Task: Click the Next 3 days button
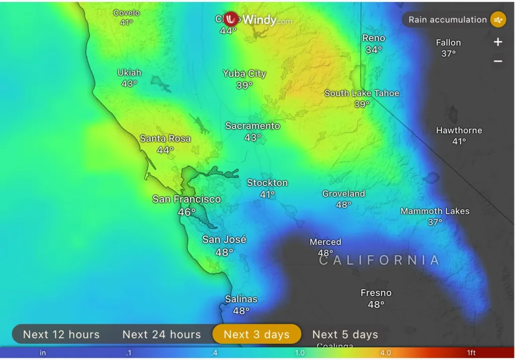coord(256,334)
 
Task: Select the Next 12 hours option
coord(61,334)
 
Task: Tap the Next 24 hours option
coord(161,334)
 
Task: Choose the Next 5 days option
coord(345,334)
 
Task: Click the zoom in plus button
coord(498,42)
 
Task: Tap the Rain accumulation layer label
coord(447,20)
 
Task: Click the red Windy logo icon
coord(231,19)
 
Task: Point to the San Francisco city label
coord(187,199)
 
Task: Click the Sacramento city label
coord(252,126)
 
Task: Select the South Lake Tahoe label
coord(362,93)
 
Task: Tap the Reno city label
coord(374,38)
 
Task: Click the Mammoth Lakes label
coord(435,211)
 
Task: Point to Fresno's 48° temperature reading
coord(376,304)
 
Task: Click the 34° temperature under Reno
coord(374,50)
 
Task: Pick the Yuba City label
coord(244,73)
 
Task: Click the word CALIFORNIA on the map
coord(380,260)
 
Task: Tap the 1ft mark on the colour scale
coord(471,353)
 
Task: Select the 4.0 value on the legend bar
coord(385,353)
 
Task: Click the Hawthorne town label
coord(459,130)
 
